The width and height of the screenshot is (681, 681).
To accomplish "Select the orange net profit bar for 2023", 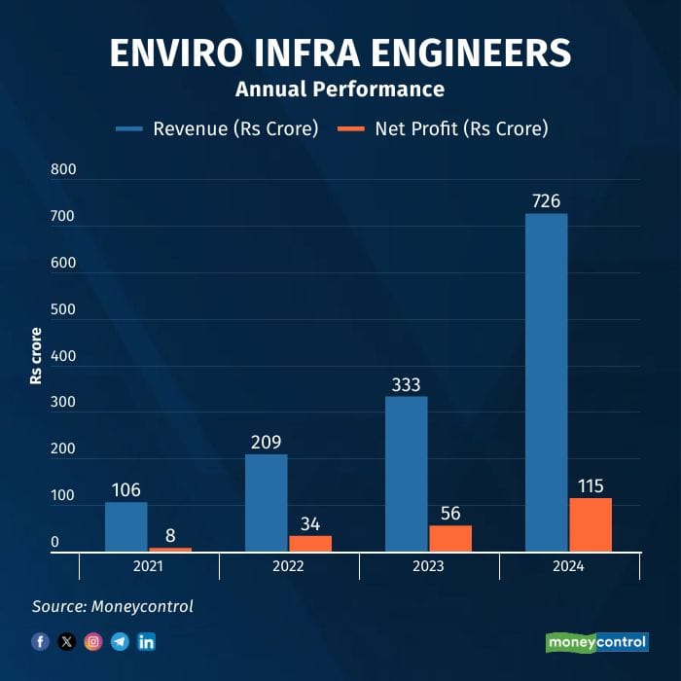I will [450, 539].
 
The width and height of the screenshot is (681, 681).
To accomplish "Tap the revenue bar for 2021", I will [126, 526].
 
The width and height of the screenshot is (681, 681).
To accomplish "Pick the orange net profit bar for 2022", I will [310, 544].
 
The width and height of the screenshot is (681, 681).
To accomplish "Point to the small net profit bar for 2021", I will [170, 550].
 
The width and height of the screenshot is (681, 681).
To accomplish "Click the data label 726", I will [546, 201].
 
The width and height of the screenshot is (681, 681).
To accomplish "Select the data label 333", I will [406, 384].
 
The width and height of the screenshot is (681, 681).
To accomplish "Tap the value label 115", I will [590, 486].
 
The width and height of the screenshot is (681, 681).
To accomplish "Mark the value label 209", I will [266, 443].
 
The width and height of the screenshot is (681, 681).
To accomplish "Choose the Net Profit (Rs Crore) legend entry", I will [442, 128].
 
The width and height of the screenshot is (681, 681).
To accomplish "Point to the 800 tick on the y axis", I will [63, 169].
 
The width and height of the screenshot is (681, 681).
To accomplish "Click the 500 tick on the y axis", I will [63, 309].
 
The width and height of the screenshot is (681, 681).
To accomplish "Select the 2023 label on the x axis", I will [428, 567].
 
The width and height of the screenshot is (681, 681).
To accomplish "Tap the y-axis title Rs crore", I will [36, 356].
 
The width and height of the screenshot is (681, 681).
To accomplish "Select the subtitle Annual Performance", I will [340, 90].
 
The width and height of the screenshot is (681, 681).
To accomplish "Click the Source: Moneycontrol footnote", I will [113, 606].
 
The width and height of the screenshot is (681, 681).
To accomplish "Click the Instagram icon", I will [93, 642].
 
